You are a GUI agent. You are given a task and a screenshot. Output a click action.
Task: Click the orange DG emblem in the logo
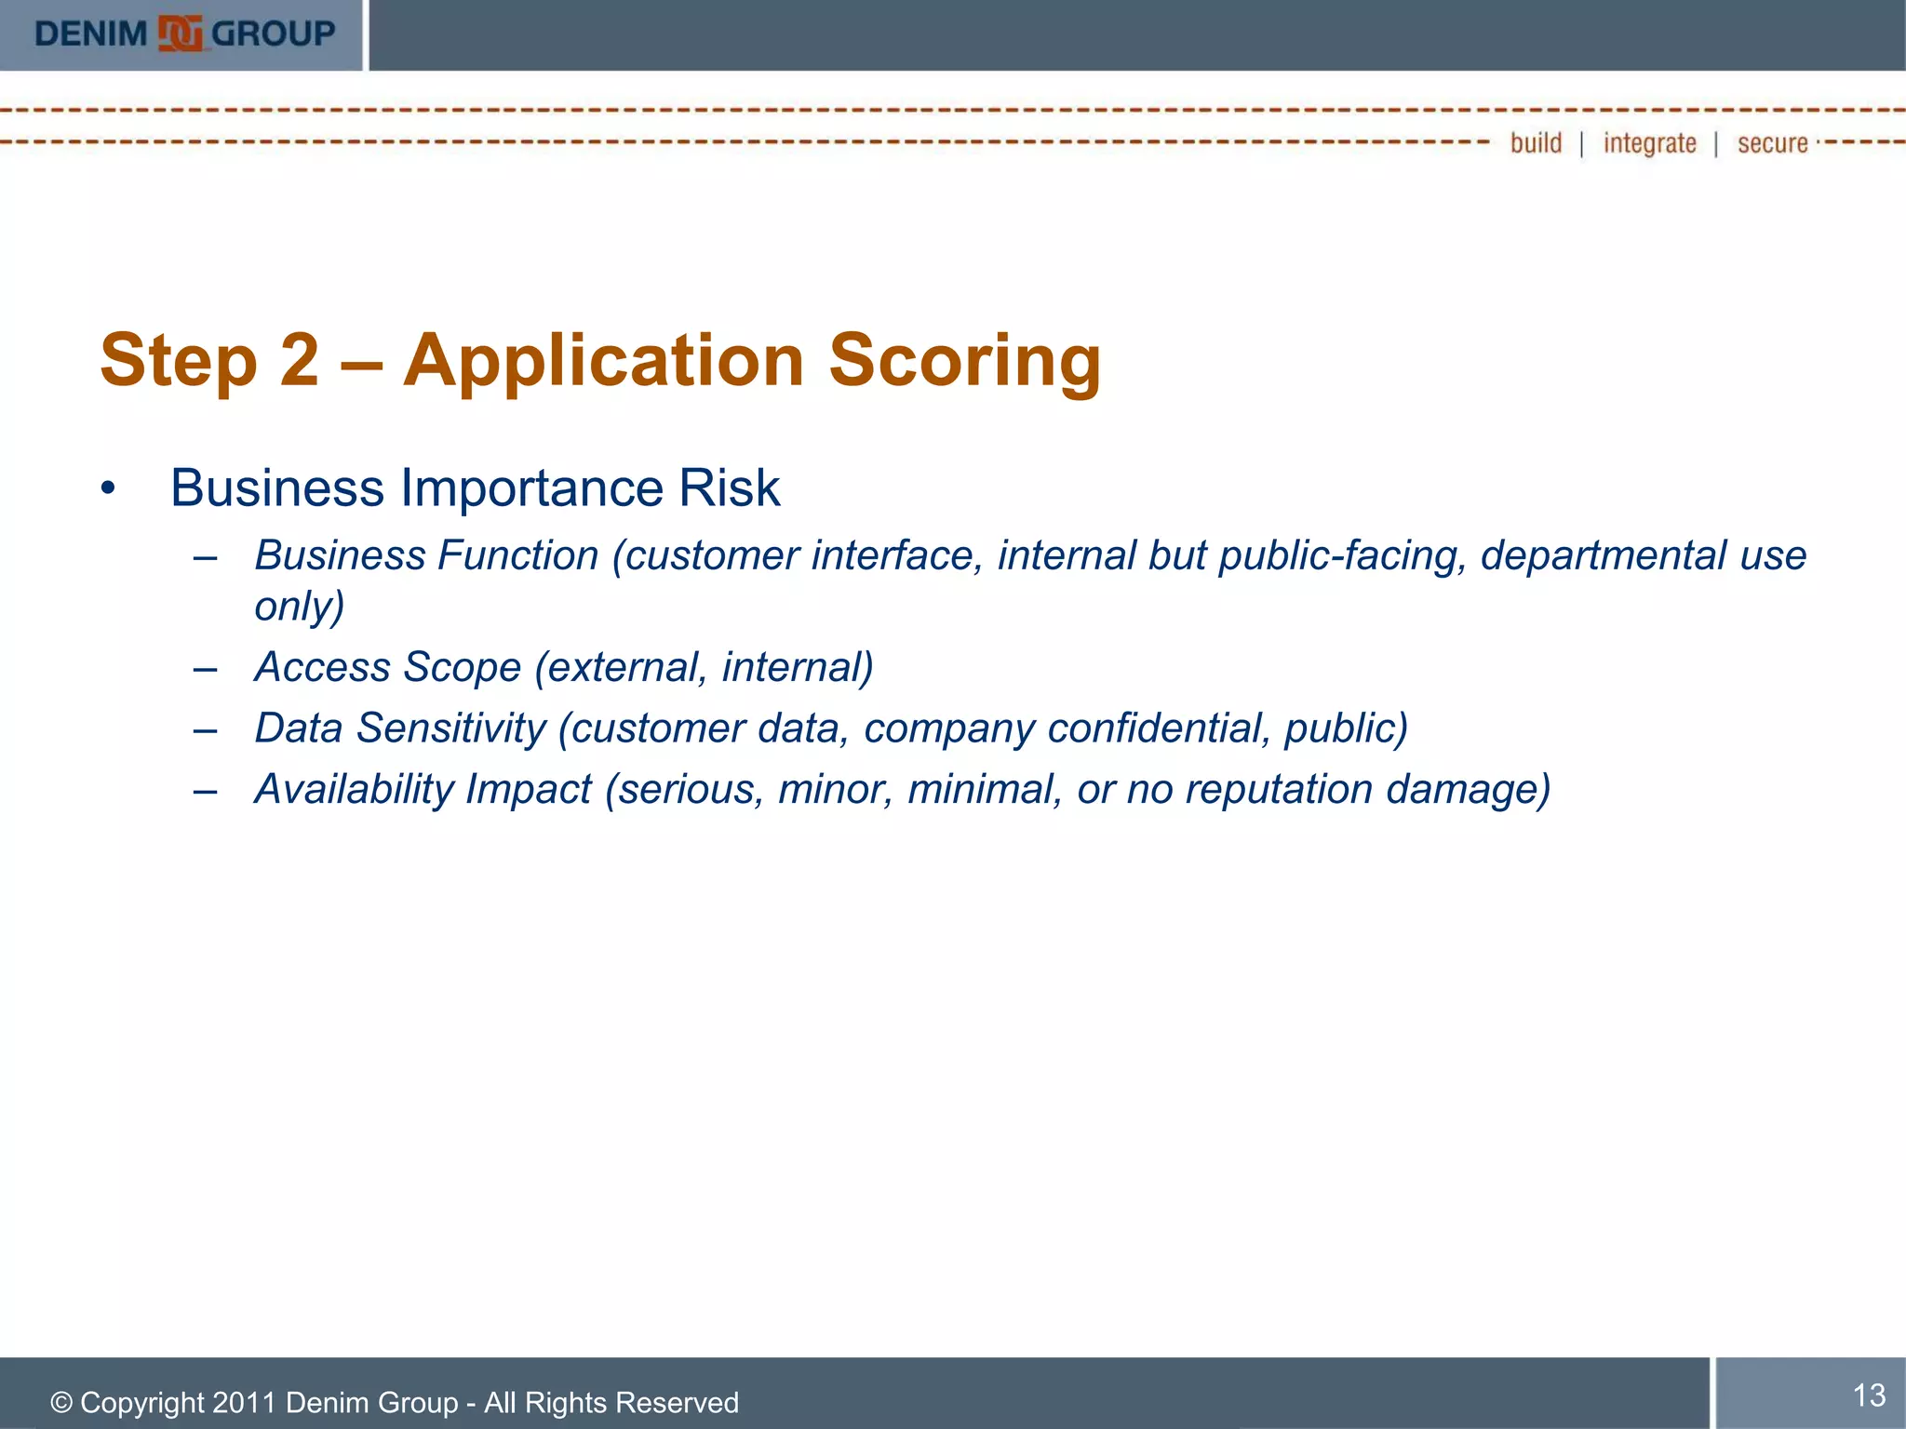[x=181, y=34]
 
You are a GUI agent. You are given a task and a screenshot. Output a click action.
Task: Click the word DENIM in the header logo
[x=91, y=34]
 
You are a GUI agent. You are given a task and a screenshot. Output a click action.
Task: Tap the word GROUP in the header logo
[x=274, y=34]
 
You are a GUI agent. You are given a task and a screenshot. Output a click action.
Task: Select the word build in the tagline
[x=1536, y=143]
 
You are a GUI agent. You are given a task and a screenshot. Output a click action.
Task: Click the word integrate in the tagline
[x=1649, y=144]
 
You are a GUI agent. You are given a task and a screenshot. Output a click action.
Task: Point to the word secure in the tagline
[x=1772, y=144]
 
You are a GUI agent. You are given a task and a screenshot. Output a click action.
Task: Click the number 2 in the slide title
[x=299, y=361]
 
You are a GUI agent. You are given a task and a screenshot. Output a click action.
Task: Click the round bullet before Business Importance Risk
[x=109, y=489]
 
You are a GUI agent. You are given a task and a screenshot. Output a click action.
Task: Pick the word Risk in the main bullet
[x=729, y=488]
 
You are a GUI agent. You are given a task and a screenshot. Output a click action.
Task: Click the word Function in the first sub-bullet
[x=518, y=555]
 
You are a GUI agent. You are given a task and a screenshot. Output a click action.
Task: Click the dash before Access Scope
[x=205, y=668]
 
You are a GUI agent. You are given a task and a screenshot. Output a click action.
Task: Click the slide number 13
[x=1869, y=1395]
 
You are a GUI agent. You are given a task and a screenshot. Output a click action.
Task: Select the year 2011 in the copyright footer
[x=245, y=1402]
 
